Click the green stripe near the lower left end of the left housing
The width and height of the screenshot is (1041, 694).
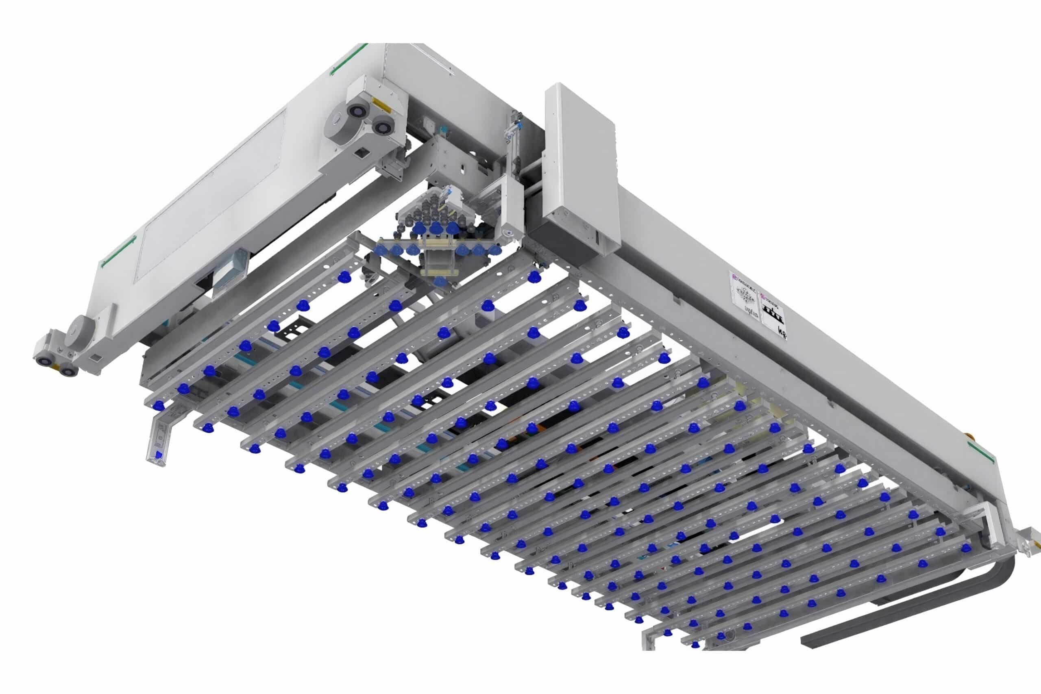tap(118, 252)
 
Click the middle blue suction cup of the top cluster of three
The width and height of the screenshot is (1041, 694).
tap(436, 228)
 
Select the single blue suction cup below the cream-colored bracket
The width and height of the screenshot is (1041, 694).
tap(439, 281)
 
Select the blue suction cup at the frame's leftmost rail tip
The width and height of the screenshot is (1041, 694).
tap(158, 405)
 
